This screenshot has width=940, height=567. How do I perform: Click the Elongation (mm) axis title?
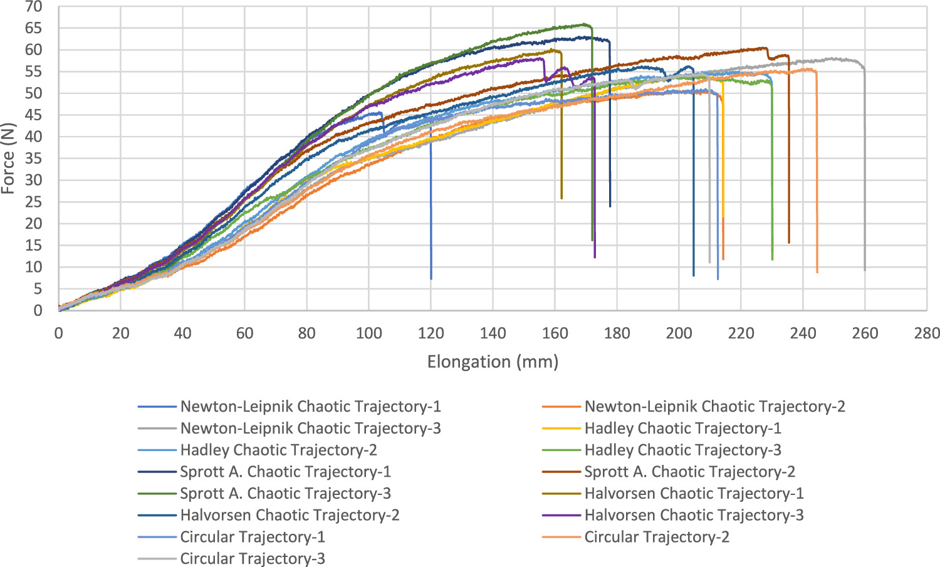coord(493,362)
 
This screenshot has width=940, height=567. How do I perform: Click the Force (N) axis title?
coord(8,159)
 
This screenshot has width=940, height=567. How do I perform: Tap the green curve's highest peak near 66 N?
coord(584,24)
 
